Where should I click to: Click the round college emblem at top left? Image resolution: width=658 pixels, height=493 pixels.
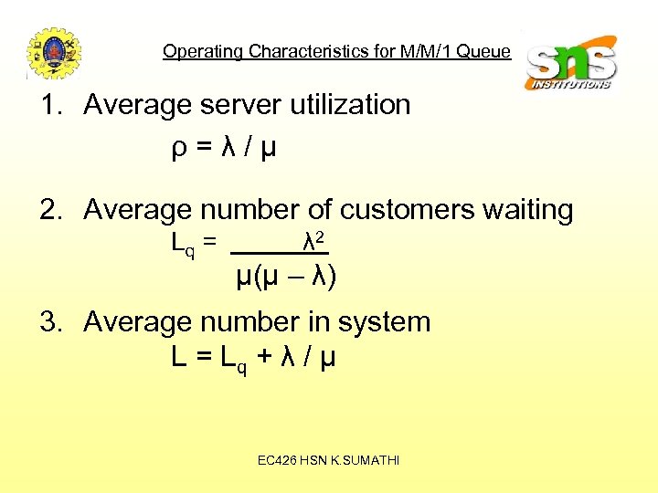tap(54, 53)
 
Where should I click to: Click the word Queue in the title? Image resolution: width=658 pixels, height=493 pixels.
tap(483, 51)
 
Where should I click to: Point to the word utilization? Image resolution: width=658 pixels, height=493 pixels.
tap(350, 105)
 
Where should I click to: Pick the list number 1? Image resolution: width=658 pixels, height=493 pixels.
tap(49, 105)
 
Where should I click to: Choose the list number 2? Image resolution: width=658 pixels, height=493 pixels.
tap(49, 210)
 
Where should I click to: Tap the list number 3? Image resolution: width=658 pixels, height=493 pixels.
tap(49, 321)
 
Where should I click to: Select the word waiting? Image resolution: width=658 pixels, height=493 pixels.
tap(528, 211)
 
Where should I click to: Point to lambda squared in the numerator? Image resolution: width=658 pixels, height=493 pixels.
tap(314, 243)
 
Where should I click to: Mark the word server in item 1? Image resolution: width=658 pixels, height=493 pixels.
tap(240, 105)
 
